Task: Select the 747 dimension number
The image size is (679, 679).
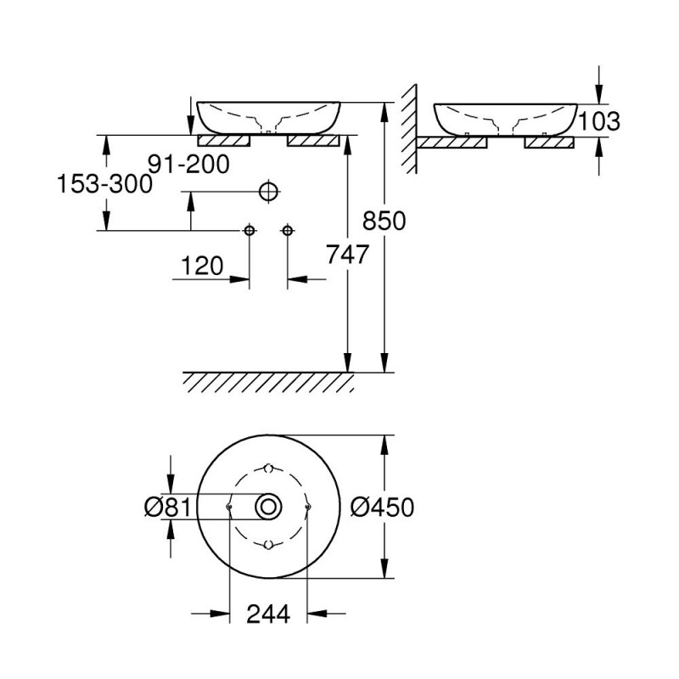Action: (x=346, y=253)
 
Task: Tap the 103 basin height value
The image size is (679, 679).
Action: (x=599, y=121)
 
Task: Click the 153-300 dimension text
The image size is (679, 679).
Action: (x=105, y=183)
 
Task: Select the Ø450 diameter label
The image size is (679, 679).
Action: (x=382, y=507)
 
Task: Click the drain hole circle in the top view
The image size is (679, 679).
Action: (x=269, y=507)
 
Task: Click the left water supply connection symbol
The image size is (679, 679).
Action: (x=250, y=230)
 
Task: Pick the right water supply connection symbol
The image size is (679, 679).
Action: (x=288, y=230)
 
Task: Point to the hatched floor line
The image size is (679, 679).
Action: (x=268, y=382)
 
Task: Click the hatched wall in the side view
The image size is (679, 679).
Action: (x=408, y=127)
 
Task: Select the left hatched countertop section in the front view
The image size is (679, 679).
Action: (x=224, y=140)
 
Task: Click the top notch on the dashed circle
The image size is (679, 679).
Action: (x=268, y=469)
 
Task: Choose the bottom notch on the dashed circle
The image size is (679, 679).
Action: (x=268, y=544)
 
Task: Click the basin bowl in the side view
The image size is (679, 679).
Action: (x=505, y=117)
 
